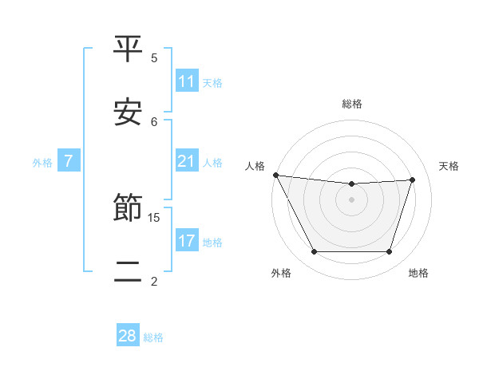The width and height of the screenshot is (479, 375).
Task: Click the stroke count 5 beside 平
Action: [155, 57]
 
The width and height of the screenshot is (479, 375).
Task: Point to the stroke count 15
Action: [155, 217]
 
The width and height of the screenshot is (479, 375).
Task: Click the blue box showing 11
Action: [187, 81]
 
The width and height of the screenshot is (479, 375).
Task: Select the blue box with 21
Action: [187, 162]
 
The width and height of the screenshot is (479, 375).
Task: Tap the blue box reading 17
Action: [187, 241]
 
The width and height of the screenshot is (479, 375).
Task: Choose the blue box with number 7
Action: [69, 162]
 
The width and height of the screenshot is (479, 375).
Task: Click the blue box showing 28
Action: [128, 336]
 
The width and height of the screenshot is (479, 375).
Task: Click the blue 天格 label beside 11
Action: [212, 82]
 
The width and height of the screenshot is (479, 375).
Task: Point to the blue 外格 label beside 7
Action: [42, 163]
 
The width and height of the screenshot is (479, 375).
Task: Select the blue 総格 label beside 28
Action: [153, 337]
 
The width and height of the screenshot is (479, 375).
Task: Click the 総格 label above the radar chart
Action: [352, 104]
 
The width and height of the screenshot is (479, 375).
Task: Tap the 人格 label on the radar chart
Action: [255, 166]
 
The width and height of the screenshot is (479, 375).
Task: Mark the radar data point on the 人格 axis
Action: [275, 175]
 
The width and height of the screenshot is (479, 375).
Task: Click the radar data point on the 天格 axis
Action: [413, 180]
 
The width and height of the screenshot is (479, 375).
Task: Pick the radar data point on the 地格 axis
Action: [390, 252]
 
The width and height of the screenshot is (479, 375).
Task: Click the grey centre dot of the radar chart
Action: [352, 199]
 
